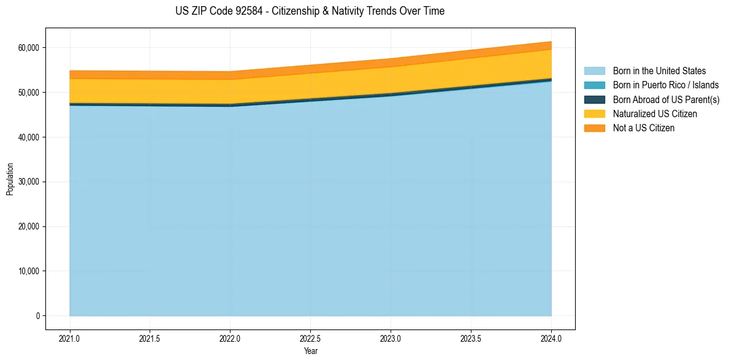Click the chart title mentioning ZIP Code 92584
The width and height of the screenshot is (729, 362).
[x=310, y=11]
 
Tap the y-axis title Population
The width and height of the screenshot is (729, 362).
[x=10, y=179]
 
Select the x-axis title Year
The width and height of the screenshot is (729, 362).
[x=310, y=352]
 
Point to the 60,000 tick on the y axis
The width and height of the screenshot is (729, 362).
[x=29, y=48]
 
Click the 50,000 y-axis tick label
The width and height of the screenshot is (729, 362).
[x=29, y=93]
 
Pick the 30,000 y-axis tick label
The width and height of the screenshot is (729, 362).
[x=29, y=182]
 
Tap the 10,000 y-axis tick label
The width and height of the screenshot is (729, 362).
[x=29, y=271]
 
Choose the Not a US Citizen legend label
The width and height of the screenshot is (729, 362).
[x=644, y=128]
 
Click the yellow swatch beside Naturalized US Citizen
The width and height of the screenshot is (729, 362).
[x=594, y=114]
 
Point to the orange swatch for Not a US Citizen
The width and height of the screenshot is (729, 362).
[x=594, y=128]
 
